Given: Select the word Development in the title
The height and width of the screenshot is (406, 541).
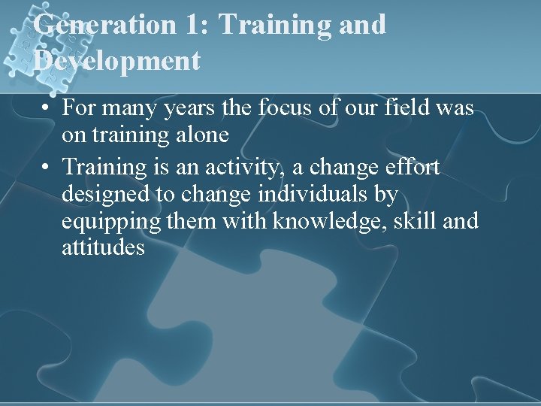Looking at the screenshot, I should (116, 60).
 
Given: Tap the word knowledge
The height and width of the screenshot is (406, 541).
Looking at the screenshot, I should (324, 222).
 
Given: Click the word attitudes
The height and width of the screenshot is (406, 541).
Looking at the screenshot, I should (103, 248).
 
